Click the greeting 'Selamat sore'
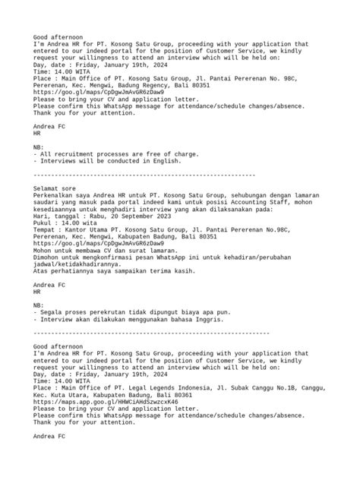pyautogui.click(x=57, y=185)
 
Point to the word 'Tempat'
pyautogui.click(x=48, y=230)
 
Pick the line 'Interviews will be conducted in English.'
pyautogui.click(x=108, y=161)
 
